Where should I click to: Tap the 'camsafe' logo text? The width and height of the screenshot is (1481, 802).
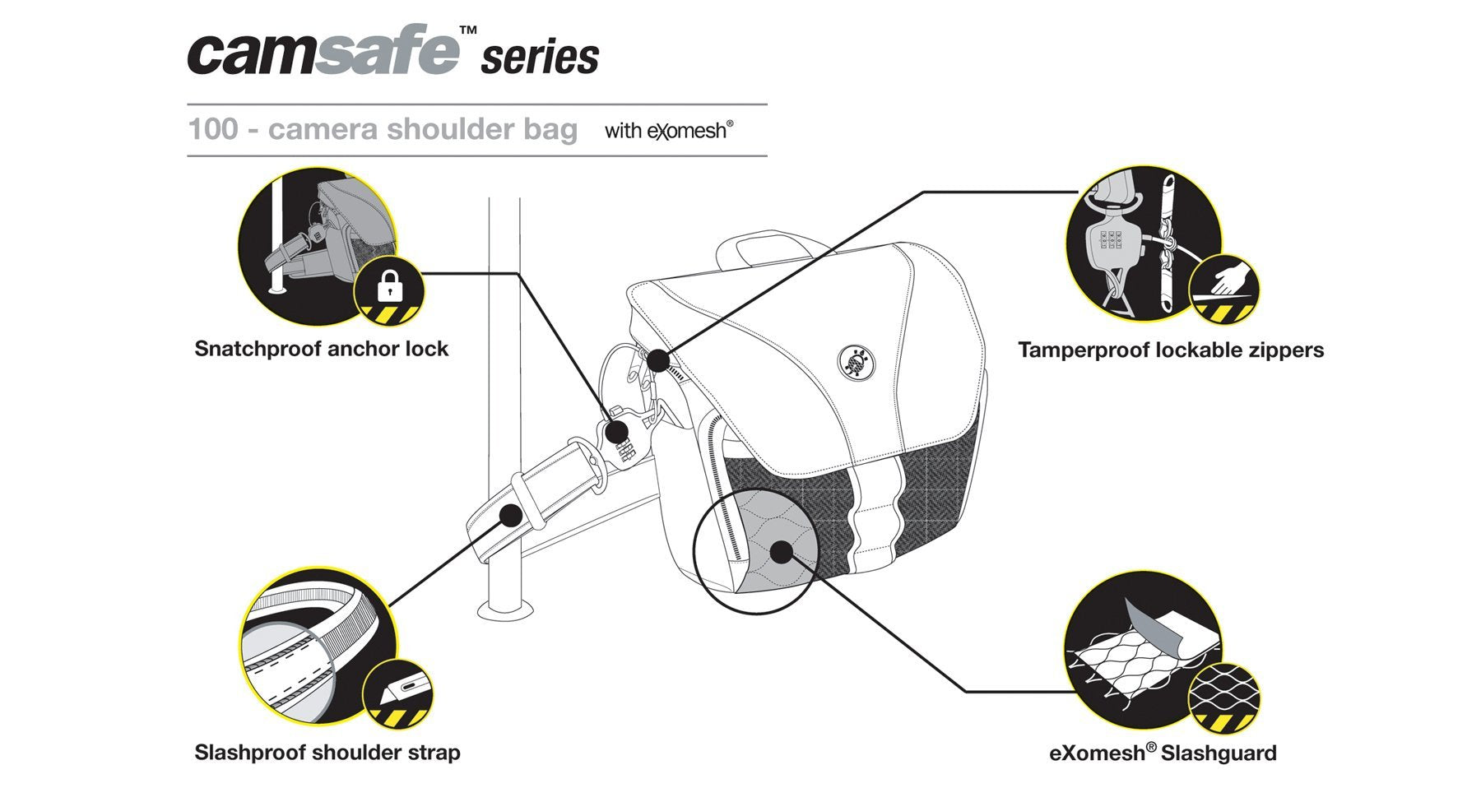point(323,51)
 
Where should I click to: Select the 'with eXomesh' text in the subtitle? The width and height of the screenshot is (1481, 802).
point(669,130)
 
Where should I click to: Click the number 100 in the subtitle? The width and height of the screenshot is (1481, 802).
point(213,129)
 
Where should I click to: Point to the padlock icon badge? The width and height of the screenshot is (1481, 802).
point(388,290)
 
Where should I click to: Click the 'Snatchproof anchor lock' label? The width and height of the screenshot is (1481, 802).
point(322,349)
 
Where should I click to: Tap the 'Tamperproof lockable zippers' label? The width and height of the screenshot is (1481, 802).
point(1171,350)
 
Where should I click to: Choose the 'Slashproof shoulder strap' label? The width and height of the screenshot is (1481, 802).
point(327,753)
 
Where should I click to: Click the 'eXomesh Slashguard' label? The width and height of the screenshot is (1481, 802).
point(1163,753)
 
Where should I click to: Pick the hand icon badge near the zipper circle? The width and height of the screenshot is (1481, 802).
point(1224,290)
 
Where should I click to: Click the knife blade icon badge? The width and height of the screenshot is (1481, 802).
point(398,693)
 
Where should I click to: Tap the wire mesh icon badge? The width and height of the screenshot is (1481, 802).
point(1224,698)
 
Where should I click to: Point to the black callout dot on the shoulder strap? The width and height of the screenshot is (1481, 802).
point(510,516)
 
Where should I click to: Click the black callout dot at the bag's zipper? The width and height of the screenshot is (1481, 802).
point(658,359)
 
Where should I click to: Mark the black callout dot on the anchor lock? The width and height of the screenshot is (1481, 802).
point(615,432)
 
